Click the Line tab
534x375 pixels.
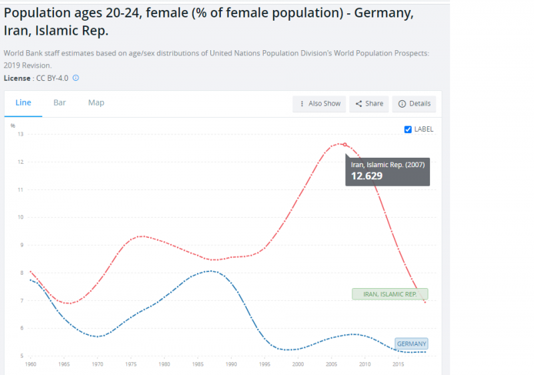pos(23,103)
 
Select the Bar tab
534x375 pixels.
pos(59,103)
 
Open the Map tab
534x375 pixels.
pos(96,103)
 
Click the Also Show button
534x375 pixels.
pos(319,104)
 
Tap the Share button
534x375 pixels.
pos(368,104)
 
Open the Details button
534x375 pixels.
pos(415,104)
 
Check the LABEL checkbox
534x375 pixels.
pos(409,129)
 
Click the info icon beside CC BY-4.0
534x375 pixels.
pos(75,78)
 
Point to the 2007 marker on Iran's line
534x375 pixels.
pos(344,144)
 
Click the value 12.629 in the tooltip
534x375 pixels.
pos(368,176)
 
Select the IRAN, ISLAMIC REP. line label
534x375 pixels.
pos(390,294)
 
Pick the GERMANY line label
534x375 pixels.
pos(411,344)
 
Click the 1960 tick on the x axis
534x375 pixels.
pos(31,365)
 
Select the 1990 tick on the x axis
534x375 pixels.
pos(231,365)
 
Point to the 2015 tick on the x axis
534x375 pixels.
pos(398,365)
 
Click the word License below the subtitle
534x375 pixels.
pos(17,78)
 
